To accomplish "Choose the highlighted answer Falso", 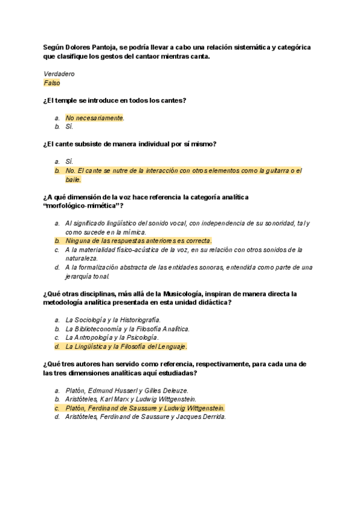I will pos(52,83).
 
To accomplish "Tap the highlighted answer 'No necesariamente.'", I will pos(95,118).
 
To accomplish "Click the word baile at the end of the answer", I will pos(73,179).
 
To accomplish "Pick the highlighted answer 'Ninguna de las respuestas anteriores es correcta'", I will pos(138,241).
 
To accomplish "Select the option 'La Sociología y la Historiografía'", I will pos(113,320).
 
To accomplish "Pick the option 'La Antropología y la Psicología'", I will pos(112,338).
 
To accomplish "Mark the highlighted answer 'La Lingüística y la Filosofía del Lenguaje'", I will pos(126,347).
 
